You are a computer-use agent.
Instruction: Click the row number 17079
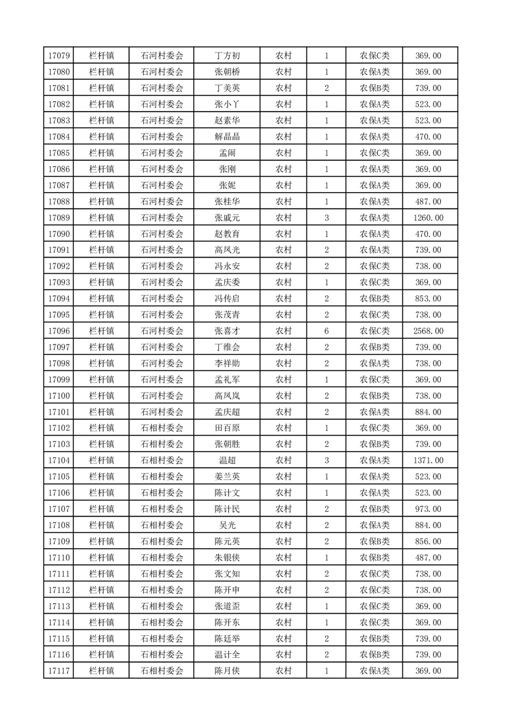coord(59,56)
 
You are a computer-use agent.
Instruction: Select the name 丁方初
coord(227,56)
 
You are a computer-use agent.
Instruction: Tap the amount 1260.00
coord(428,217)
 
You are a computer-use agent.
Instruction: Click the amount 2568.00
coord(428,331)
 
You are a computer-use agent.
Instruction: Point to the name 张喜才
coord(227,331)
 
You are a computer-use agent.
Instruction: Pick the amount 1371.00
coord(428,460)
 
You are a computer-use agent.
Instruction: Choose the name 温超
coord(227,460)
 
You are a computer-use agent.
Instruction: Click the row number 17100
coord(59,396)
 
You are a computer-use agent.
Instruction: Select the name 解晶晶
coord(227,137)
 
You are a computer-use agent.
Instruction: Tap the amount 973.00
coord(428,509)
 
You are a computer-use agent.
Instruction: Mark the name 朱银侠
coord(227,557)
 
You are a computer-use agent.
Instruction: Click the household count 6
coord(326,331)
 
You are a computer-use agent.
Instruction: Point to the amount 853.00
coord(428,298)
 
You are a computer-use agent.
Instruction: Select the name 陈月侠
coord(227,670)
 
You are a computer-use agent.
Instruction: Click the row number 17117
coord(59,670)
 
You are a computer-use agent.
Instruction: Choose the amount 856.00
coord(428,541)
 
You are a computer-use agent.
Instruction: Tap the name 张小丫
coord(227,104)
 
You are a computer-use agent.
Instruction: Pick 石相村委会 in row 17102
coord(162,428)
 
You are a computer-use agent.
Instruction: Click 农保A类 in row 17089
coord(374,217)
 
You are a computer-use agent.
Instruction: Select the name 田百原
coord(227,428)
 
